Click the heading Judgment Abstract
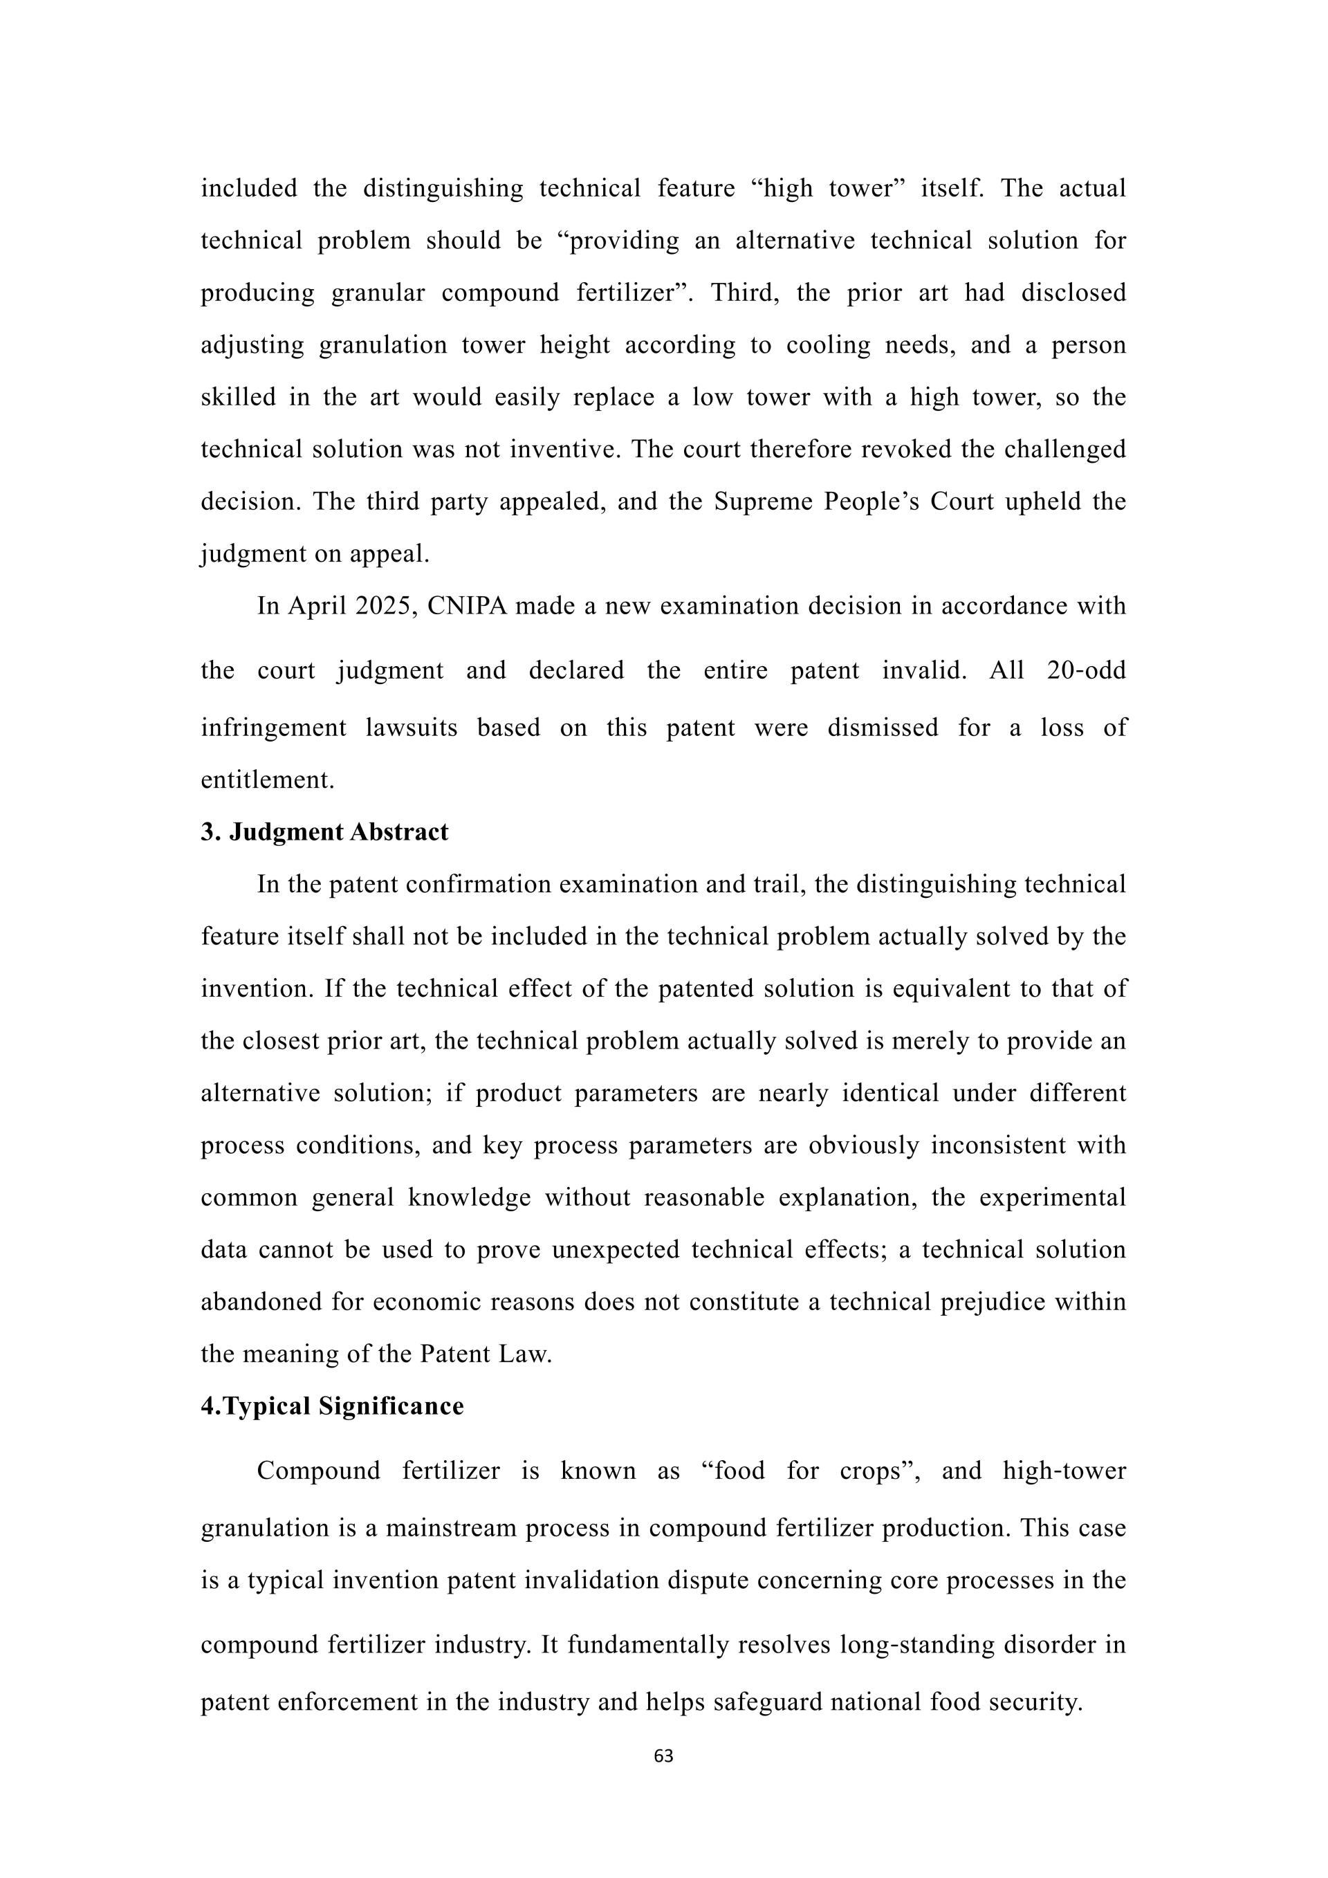[x=338, y=832]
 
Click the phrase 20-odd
[x=1086, y=671]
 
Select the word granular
[x=378, y=293]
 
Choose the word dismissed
[x=883, y=728]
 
